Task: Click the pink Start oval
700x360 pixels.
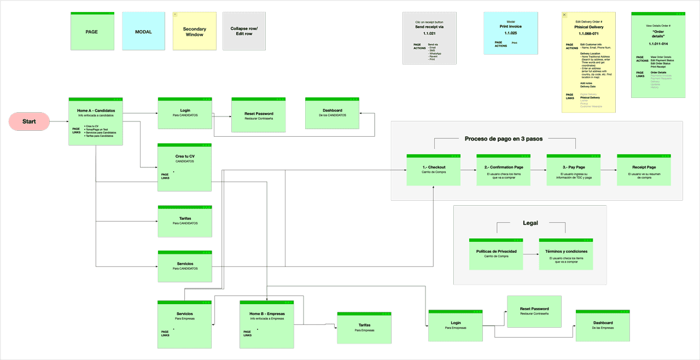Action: point(29,121)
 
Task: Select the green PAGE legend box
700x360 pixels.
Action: point(92,32)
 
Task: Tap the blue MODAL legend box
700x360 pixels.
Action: point(143,32)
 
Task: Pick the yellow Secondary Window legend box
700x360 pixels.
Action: point(194,32)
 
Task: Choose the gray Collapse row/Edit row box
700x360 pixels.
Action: point(244,32)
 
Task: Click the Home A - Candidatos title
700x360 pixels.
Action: point(95,111)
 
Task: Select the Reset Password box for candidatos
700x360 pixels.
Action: point(259,115)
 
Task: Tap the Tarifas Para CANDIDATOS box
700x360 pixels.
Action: point(185,221)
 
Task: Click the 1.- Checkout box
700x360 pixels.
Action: point(433,170)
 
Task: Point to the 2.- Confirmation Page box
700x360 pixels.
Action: point(503,170)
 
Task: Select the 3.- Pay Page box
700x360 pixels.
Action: point(573,170)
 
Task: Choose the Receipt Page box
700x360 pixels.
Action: point(644,170)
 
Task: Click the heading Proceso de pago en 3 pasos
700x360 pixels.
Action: point(504,138)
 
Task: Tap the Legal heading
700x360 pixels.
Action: point(530,223)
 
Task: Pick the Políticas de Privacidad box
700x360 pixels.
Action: point(496,254)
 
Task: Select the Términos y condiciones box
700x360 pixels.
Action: point(565,254)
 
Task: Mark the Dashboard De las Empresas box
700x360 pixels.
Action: point(603,325)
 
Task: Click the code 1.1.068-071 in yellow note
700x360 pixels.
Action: point(588,33)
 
